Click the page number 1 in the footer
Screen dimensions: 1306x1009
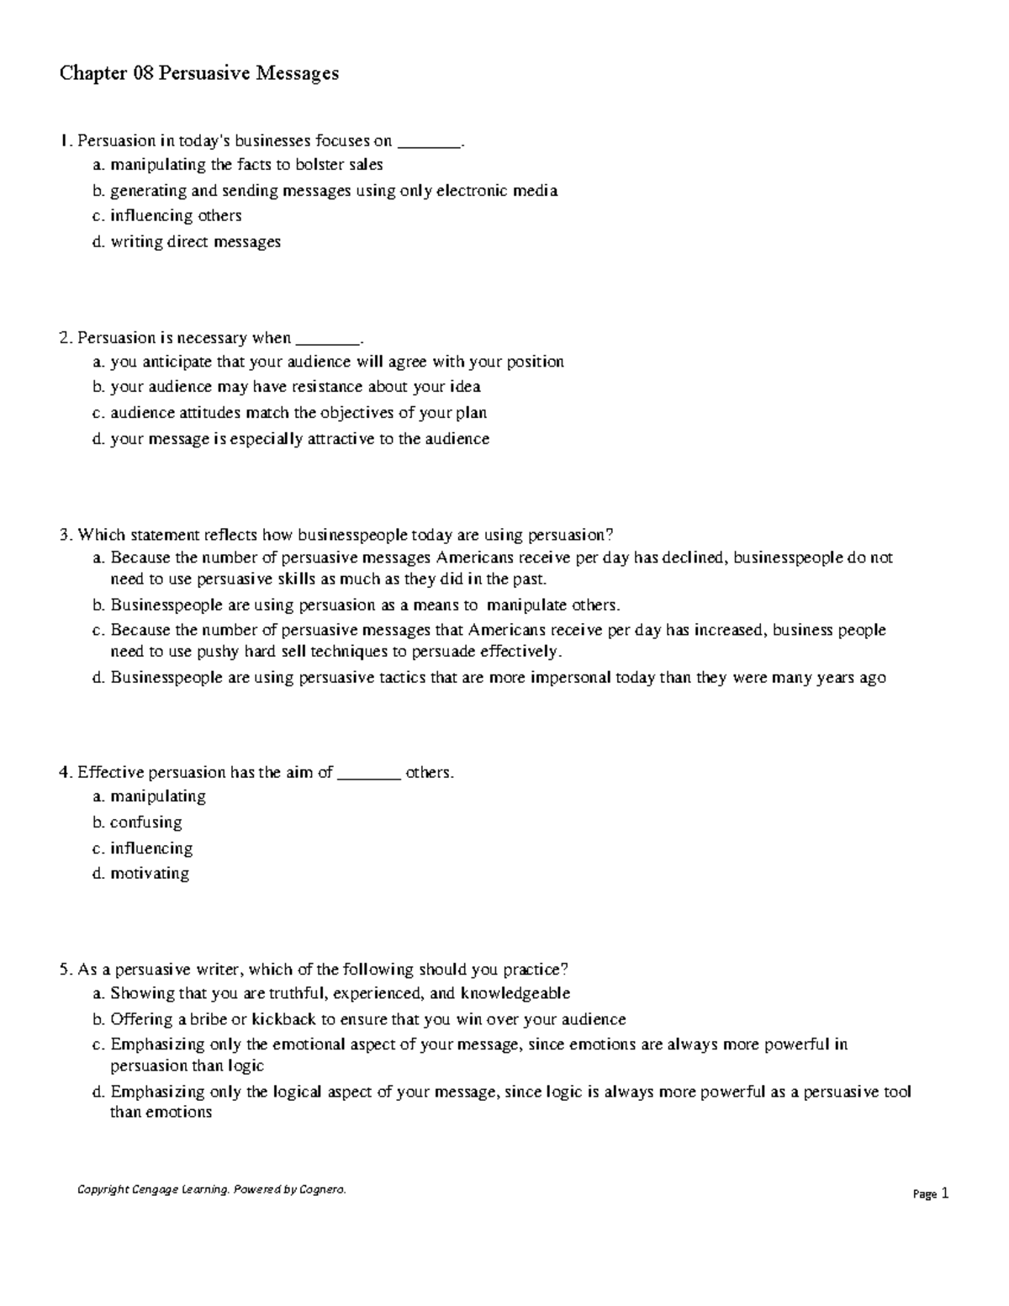tap(945, 1192)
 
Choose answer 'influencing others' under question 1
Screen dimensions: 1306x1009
tap(176, 216)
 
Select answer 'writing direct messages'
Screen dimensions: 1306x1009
tap(195, 242)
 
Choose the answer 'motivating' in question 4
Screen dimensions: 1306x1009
tap(150, 874)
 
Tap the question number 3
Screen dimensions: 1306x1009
tap(64, 535)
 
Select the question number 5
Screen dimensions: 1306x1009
tap(64, 970)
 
